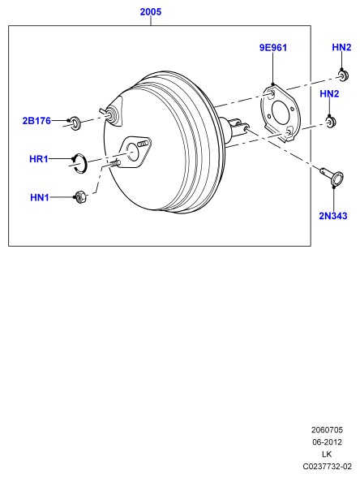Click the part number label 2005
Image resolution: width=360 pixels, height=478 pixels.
pyautogui.click(x=151, y=12)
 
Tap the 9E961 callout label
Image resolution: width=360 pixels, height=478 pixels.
pyautogui.click(x=273, y=48)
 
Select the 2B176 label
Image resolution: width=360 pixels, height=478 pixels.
pyautogui.click(x=36, y=121)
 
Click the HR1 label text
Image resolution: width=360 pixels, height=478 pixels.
pyautogui.click(x=39, y=159)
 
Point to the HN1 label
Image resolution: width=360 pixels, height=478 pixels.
pyautogui.click(x=40, y=197)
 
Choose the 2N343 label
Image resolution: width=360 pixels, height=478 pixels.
pyautogui.click(x=333, y=216)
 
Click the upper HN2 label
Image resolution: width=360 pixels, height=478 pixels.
pyautogui.click(x=341, y=47)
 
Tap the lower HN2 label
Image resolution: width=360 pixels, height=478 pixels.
pyautogui.click(x=329, y=94)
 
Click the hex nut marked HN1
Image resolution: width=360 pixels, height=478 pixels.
pyautogui.click(x=80, y=197)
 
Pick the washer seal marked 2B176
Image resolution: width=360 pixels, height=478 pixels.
pyautogui.click(x=75, y=123)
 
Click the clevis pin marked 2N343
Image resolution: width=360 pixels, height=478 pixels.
pyautogui.click(x=333, y=176)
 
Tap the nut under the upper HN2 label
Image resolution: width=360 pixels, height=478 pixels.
pyautogui.click(x=344, y=75)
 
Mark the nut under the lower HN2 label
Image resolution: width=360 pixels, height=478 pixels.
pyautogui.click(x=332, y=123)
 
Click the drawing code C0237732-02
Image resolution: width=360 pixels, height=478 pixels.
pyautogui.click(x=327, y=467)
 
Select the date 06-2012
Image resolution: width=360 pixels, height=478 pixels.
pyautogui.click(x=327, y=442)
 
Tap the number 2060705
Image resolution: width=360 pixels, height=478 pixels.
pyautogui.click(x=327, y=430)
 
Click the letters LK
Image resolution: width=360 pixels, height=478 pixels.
pyautogui.click(x=327, y=454)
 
